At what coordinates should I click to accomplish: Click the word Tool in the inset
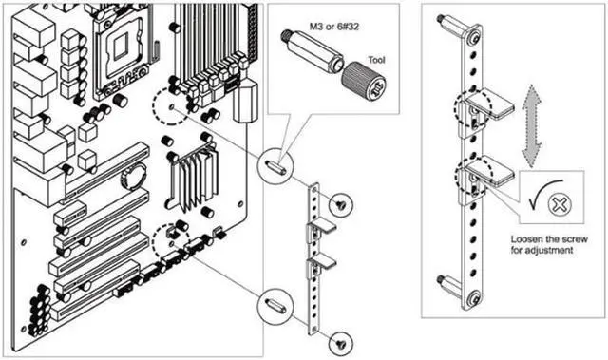point(376,60)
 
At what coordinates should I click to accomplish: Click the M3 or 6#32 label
point(334,27)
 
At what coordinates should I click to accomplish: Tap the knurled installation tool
point(363,82)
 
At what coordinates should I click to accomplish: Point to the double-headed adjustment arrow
point(531,126)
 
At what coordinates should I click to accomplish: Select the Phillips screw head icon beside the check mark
point(560,204)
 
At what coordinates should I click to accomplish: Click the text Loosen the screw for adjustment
point(549,244)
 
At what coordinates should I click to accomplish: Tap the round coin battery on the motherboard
point(134,177)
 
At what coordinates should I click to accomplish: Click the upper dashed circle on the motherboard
point(170,105)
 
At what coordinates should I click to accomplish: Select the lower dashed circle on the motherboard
point(171,242)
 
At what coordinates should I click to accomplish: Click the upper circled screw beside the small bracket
point(341,204)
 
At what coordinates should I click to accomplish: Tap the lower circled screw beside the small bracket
point(341,343)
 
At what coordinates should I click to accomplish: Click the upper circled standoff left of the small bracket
point(275,166)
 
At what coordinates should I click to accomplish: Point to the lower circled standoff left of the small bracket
point(275,306)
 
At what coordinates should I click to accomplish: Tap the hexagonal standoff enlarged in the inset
point(313,51)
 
